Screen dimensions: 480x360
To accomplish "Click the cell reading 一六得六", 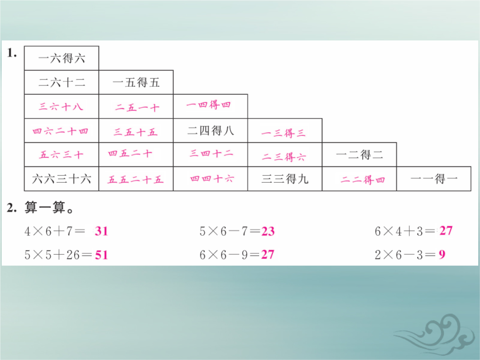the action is (61, 58).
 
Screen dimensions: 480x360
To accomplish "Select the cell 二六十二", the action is (61, 82).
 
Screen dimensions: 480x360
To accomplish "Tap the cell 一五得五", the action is (136, 82).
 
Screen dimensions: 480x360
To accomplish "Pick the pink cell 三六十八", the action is (61, 107).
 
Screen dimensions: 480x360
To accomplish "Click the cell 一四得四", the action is (210, 107).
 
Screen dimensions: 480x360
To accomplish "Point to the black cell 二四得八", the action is (210, 131).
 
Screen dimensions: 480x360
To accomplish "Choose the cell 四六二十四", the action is (61, 131).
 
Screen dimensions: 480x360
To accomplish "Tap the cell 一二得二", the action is (360, 155).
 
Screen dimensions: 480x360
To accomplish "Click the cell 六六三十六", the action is (61, 179).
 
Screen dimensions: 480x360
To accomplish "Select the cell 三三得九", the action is (285, 179).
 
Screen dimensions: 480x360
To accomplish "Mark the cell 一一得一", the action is (434, 179).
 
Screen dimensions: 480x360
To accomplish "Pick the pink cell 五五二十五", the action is (136, 179).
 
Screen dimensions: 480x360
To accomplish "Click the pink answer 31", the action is (101, 231).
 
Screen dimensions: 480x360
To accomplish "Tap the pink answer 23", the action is (268, 232).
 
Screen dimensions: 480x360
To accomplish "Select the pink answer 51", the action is (101, 255).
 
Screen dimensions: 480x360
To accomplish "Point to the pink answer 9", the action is (442, 254).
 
